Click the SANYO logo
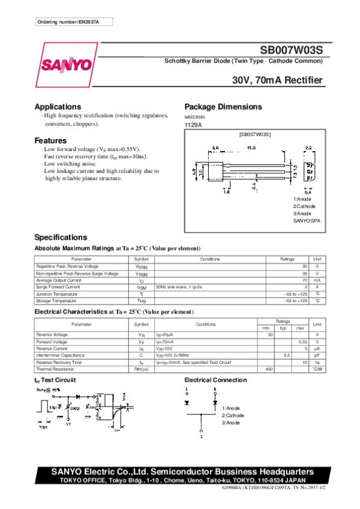(67, 65)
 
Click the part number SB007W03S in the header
(291, 52)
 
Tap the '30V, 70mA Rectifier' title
(277, 80)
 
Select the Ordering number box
(74, 22)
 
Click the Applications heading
(58, 107)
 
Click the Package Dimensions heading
(223, 107)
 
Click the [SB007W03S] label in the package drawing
(255, 135)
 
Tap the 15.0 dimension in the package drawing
(251, 147)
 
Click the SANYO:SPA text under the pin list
(306, 221)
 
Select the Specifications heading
(61, 237)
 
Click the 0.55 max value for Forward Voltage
(303, 341)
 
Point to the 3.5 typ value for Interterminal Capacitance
(287, 356)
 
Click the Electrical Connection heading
(215, 380)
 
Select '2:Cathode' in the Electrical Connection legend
(233, 415)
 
